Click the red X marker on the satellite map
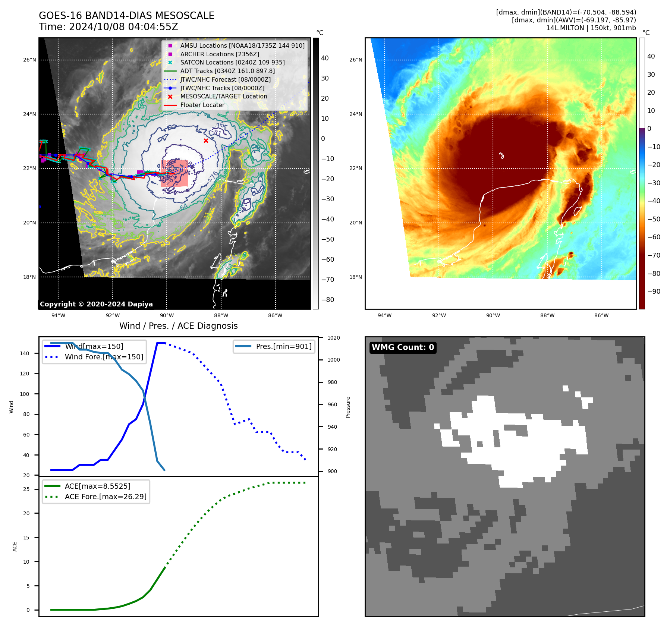(206, 141)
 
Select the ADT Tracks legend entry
(227, 71)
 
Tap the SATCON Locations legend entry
(232, 62)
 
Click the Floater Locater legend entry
(202, 105)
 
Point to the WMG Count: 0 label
(403, 347)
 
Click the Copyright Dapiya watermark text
(96, 304)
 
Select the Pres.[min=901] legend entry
(283, 346)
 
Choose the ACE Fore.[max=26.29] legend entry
(106, 497)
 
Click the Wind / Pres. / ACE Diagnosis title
(178, 326)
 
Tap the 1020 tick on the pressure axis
(333, 338)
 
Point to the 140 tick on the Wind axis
(24, 353)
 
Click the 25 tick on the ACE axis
(26, 489)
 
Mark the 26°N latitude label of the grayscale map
(29, 60)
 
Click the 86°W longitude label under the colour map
(601, 315)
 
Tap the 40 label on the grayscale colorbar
(325, 58)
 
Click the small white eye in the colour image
(501, 155)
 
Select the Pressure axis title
(348, 407)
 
